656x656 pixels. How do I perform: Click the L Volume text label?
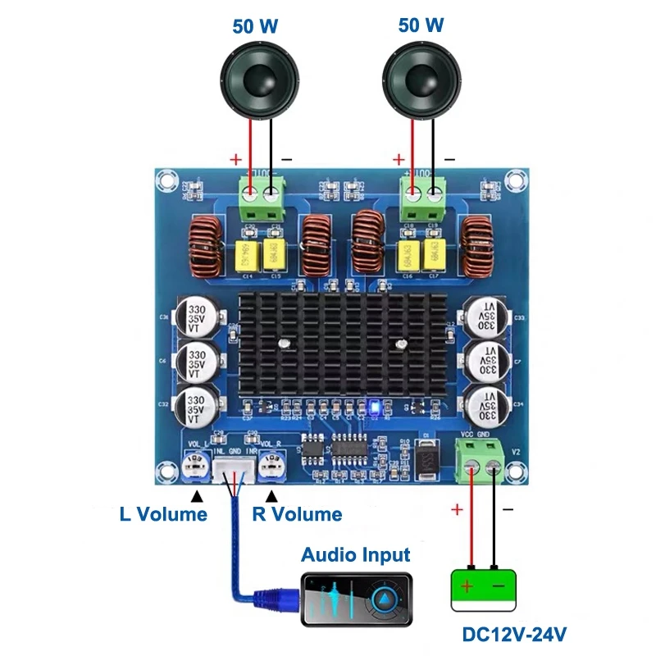(x=163, y=514)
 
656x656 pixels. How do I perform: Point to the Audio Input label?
(x=355, y=554)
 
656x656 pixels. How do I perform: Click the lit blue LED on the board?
(x=372, y=405)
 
